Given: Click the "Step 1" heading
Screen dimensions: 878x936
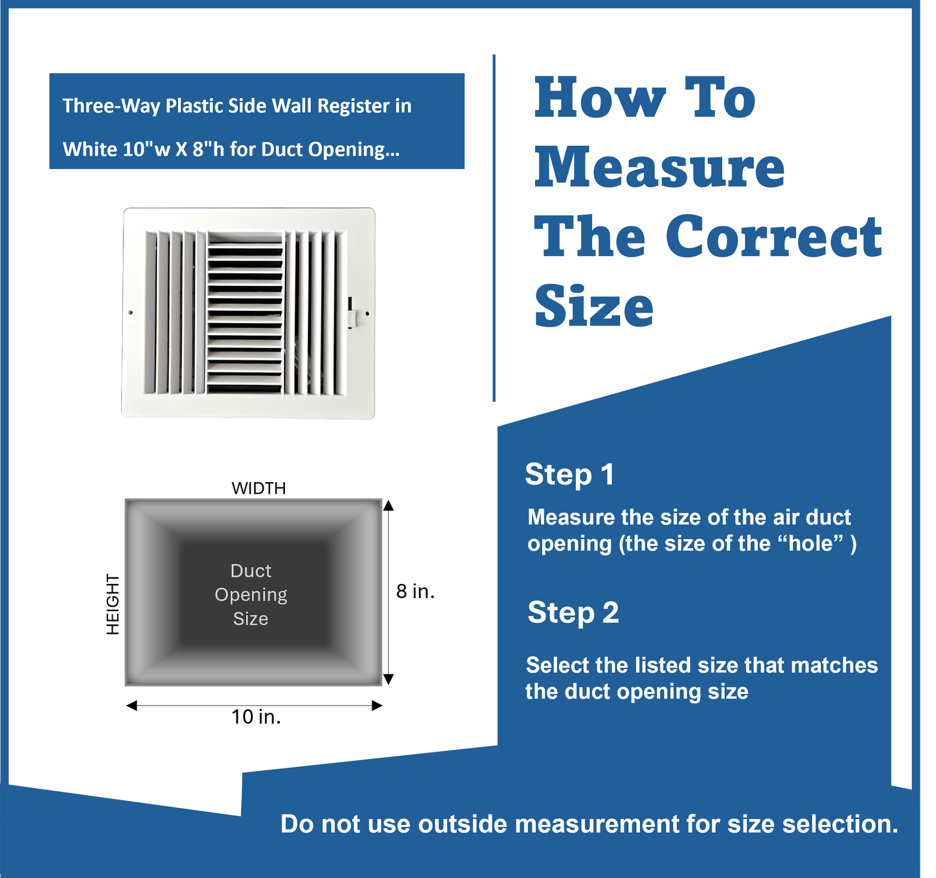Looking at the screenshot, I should click(569, 474).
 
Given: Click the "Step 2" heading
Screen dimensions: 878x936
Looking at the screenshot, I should click(573, 612).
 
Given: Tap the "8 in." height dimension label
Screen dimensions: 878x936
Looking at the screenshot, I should click(415, 591).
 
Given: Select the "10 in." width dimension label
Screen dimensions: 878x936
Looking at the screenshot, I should click(257, 717).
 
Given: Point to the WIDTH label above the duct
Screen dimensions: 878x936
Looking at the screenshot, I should click(258, 488).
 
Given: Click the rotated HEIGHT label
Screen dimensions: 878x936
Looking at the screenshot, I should click(113, 604).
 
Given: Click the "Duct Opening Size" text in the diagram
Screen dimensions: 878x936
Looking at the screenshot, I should click(251, 594).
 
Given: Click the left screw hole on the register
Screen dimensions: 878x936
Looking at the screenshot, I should click(131, 313).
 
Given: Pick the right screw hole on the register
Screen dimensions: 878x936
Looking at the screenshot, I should click(367, 314).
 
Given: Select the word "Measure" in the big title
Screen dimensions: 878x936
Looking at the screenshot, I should click(659, 167).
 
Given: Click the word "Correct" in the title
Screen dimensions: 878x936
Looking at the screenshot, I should click(773, 237).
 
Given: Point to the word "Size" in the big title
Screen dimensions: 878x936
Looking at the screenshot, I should click(594, 306).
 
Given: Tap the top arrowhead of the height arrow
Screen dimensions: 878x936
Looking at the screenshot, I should click(388, 505).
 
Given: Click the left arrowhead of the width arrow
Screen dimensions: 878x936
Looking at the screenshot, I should click(131, 706).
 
